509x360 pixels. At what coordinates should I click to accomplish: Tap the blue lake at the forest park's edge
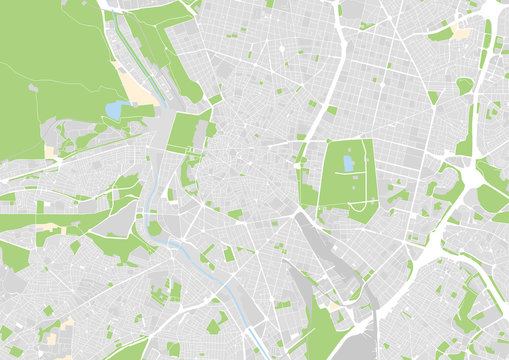[x=118, y=108]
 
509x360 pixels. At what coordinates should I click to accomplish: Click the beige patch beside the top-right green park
[x=460, y=33]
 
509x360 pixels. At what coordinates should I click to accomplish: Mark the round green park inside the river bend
[x=154, y=229]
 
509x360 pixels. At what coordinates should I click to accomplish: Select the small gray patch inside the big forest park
[x=33, y=88]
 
